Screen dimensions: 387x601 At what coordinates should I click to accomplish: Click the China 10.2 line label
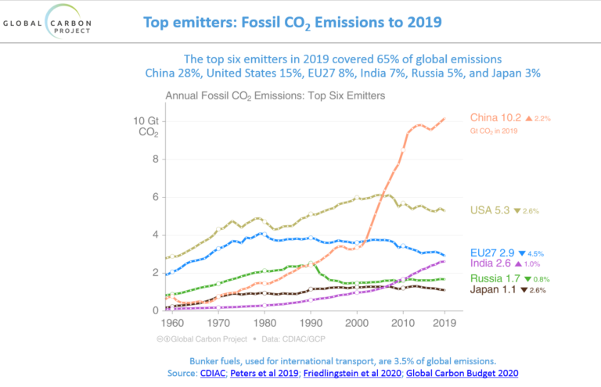496,118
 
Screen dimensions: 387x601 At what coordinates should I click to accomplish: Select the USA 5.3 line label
491,210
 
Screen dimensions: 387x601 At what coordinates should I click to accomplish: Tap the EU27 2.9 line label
491,253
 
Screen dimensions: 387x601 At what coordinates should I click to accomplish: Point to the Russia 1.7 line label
495,278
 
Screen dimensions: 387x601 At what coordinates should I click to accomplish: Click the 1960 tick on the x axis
173,321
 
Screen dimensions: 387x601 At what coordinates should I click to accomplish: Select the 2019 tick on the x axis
445,321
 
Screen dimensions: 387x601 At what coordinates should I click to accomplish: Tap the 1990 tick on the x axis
311,321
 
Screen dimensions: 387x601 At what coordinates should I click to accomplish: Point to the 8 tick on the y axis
154,159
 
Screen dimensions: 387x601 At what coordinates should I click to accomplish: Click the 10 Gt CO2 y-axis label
146,127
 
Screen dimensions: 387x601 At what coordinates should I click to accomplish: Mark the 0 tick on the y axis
154,310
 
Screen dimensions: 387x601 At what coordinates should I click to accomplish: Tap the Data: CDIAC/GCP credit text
297,339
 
